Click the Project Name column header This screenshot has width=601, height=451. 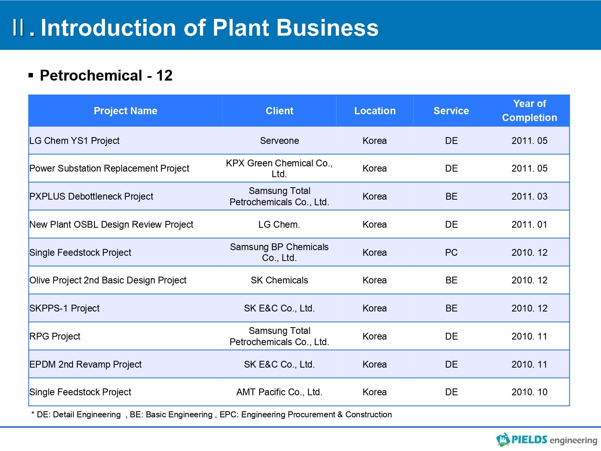[125, 111]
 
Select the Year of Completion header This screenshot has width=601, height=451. [529, 111]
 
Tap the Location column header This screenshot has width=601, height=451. [375, 111]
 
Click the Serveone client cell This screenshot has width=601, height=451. [279, 141]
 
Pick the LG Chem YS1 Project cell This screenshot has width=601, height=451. [75, 141]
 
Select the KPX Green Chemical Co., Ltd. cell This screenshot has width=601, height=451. [279, 168]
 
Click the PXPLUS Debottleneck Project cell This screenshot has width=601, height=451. [91, 196]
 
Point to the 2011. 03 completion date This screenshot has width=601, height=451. [529, 196]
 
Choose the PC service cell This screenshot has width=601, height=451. [451, 253]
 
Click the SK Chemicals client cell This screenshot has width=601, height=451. [279, 280]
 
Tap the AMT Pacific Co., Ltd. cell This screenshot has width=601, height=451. [279, 392]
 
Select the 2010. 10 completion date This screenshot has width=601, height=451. [529, 392]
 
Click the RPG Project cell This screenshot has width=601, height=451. [55, 336]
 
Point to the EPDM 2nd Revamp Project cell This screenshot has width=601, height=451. [85, 364]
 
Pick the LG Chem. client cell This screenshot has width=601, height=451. [279, 224]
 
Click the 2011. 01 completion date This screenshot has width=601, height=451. [529, 224]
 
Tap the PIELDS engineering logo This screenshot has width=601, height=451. [547, 440]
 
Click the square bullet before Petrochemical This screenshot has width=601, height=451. [31, 75]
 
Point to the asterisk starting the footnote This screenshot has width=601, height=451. [32, 413]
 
